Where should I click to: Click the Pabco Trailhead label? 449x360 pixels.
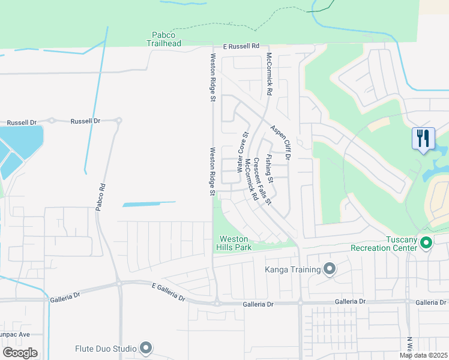coord(163,39)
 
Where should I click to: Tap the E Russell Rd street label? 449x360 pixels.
coord(241,46)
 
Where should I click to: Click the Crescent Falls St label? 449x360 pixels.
coord(262,180)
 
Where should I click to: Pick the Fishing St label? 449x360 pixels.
coord(271,169)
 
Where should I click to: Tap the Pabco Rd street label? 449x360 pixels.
coord(100,196)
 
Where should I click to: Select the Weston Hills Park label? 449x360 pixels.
coord(234,243)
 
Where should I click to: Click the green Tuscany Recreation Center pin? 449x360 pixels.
coord(427,243)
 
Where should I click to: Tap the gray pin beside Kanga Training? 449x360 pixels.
coord(329,269)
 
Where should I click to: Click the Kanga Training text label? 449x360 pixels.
coord(293,269)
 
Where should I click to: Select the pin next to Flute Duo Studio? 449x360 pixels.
coord(146,347)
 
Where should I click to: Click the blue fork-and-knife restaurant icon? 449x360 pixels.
coord(424,139)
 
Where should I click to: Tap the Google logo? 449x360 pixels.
coord(20,352)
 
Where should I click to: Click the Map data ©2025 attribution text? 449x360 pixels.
coord(423,355)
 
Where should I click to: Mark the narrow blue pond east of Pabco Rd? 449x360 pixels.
coord(149,204)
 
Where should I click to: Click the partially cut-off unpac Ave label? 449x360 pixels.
coord(14,334)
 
